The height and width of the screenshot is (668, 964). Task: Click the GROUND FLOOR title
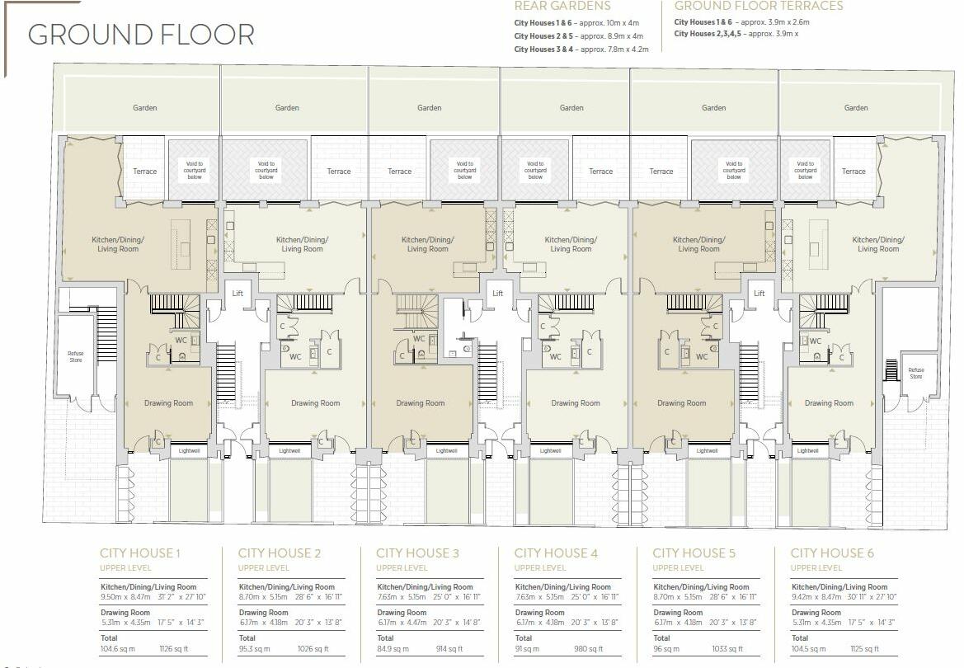141,35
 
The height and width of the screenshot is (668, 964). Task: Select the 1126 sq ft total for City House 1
175,650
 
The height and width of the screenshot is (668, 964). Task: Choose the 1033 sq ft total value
728,650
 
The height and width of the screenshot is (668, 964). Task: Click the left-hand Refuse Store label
76,356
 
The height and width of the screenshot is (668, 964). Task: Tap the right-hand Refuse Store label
915,373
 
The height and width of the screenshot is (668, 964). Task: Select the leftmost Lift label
238,293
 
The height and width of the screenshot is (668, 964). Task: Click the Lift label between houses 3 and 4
497,293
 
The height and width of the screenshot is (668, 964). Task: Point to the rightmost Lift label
759,293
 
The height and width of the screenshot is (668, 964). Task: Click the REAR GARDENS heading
562,7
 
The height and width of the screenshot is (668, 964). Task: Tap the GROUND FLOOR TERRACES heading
759,7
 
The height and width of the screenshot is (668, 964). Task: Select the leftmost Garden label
145,107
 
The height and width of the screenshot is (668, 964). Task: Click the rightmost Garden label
856,107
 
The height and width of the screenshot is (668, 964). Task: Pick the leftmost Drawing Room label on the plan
169,403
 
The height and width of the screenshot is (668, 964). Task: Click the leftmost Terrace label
145,172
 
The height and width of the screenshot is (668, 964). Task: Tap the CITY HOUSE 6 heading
832,553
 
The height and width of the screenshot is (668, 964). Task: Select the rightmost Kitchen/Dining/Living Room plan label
878,244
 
